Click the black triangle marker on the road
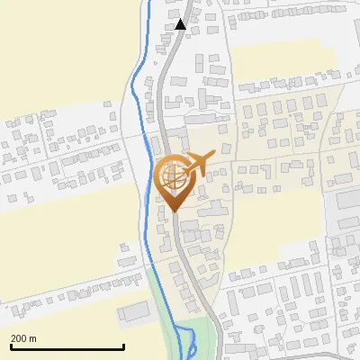tap(181, 24)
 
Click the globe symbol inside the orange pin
tap(171, 176)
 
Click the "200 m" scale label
tap(24, 338)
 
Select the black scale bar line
tap(67, 347)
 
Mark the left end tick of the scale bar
tap(10, 346)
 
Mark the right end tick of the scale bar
tap(123, 346)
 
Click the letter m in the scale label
tap(33, 338)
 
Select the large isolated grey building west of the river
tap(133, 311)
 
